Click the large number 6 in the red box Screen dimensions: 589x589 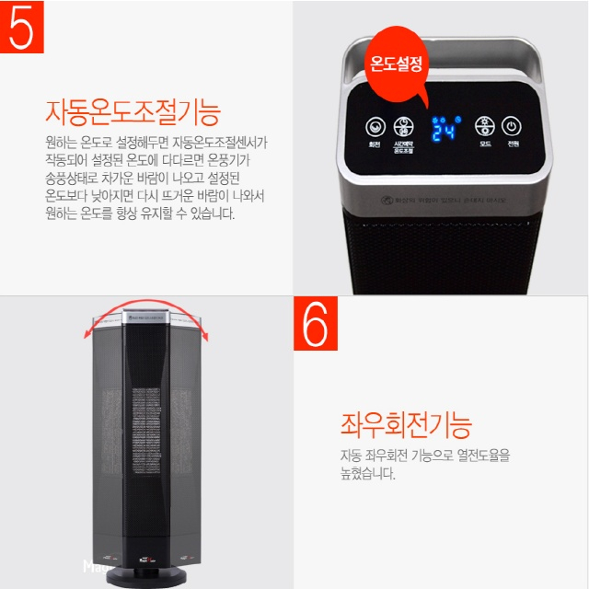pos(316,323)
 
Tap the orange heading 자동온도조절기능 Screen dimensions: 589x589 pos(133,112)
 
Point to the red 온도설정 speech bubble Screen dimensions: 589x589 pos(396,65)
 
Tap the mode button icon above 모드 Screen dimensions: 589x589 pos(484,126)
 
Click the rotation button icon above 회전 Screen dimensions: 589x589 pos(375,127)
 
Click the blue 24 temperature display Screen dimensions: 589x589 pos(445,129)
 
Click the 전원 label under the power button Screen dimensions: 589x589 pos(513,144)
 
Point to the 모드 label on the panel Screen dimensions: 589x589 pos(484,144)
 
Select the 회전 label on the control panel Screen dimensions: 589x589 pos(375,144)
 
